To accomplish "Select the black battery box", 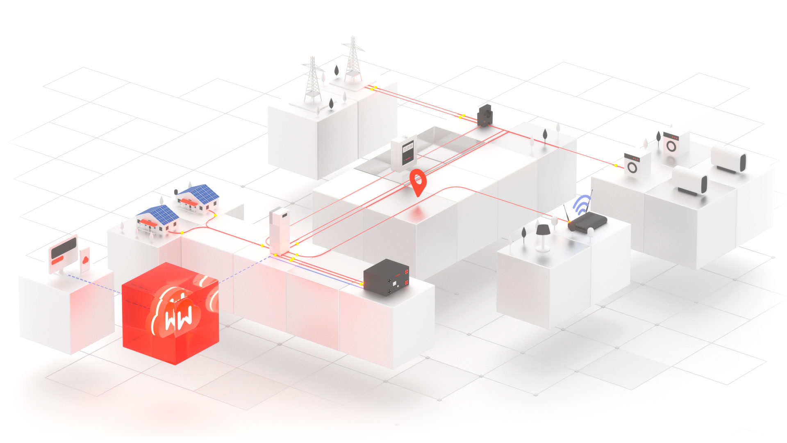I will pyautogui.click(x=386, y=277).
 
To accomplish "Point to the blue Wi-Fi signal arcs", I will pyautogui.click(x=582, y=204).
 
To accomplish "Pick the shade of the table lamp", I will pyautogui.click(x=543, y=230).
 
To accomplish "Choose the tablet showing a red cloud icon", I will pyautogui.click(x=85, y=260).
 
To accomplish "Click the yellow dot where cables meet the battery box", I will pyautogui.click(x=362, y=283).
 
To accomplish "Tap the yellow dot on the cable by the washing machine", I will pyautogui.click(x=616, y=165).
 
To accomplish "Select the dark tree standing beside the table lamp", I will pyautogui.click(x=523, y=233).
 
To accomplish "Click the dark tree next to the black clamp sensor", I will pyautogui.click(x=545, y=135).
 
